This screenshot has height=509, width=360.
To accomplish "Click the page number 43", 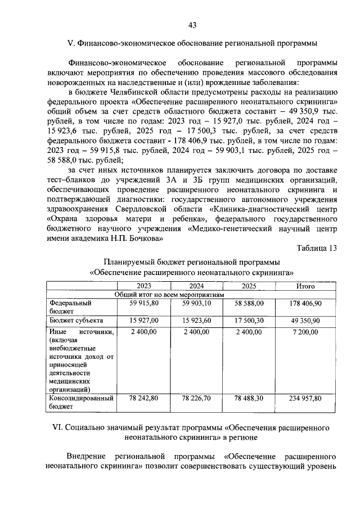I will pos(192,25).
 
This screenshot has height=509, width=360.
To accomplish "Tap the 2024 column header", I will pos(196,286).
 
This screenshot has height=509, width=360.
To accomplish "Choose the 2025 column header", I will pos(249,286).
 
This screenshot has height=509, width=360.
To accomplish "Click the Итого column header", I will pos(305,286).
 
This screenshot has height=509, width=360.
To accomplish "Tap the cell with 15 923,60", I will pos(196,320).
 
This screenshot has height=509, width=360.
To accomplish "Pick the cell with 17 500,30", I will pos(249,320).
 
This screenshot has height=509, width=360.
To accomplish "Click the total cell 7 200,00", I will pos(305,332).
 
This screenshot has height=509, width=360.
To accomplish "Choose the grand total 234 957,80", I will pos(305,398).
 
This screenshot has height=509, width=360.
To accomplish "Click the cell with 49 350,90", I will pos(305,320).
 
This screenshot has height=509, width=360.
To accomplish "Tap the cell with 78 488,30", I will pos(249,398).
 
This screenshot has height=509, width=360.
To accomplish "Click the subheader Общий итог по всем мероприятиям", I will pos(169,294).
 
